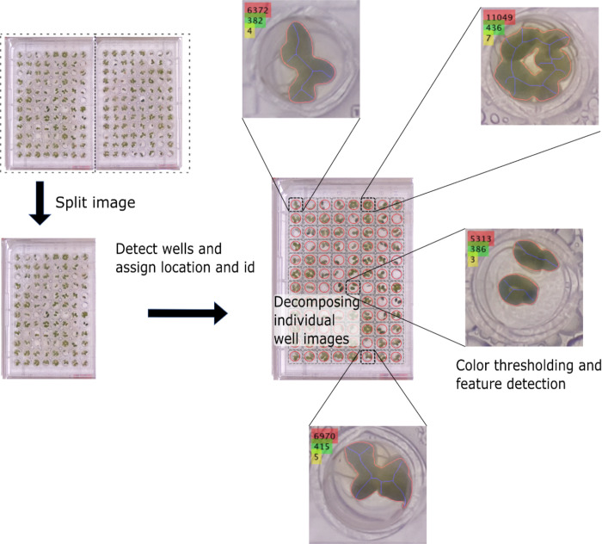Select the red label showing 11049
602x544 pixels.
500,17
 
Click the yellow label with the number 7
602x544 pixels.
488,39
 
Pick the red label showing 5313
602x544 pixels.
480,238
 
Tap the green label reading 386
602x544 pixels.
476,249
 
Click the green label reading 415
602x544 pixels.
322,447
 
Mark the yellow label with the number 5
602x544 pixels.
316,457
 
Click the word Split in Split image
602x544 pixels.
71,203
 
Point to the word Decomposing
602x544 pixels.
314,302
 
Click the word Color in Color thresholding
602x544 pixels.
474,365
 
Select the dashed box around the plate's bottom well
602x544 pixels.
368,356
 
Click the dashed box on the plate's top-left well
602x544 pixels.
296,204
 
